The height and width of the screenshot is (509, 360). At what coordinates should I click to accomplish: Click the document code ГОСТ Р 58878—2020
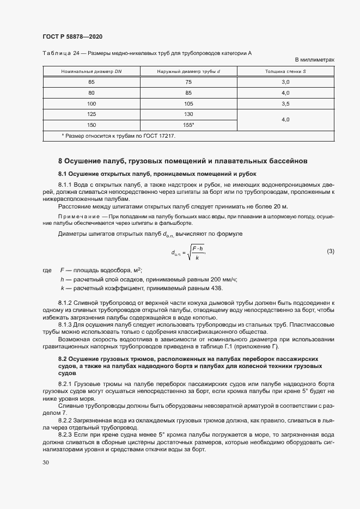[x=72, y=36]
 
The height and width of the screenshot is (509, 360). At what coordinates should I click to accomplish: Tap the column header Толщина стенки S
[x=285, y=71]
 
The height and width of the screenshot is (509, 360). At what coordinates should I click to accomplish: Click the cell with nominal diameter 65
[x=91, y=82]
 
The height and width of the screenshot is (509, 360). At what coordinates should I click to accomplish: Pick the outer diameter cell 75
[x=188, y=82]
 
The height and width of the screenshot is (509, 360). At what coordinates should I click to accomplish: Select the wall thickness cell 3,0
[x=285, y=82]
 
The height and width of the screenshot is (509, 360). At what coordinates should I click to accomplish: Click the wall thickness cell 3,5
[x=285, y=103]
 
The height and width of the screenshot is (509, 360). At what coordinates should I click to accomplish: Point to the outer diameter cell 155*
[x=189, y=125]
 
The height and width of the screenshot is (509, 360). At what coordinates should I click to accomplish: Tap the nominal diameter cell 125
[x=91, y=114]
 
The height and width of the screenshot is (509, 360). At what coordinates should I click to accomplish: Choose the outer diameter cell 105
[x=188, y=103]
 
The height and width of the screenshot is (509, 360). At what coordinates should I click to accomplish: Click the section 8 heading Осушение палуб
[x=182, y=161]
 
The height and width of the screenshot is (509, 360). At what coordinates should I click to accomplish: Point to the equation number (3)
[x=330, y=251]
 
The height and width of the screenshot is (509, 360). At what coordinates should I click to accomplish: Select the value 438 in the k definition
[x=231, y=287]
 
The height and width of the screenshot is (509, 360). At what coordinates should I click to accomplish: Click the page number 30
[x=46, y=462]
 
